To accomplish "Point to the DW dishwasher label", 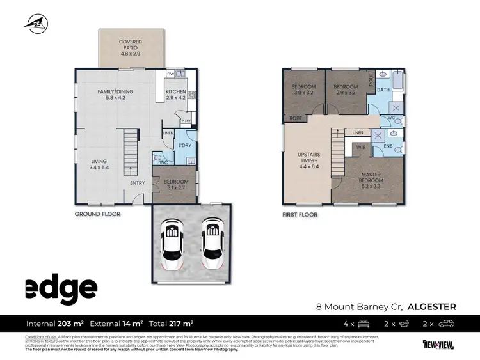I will (170, 74).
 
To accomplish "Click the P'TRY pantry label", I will (186, 121).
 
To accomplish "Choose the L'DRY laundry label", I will (185, 146).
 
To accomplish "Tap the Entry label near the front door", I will (137, 184).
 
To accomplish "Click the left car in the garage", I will (171, 244).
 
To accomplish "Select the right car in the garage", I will (212, 244).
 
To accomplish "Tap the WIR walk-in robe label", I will (360, 148).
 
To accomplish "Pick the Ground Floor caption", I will (97, 214).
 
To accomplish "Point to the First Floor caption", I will (300, 215).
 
